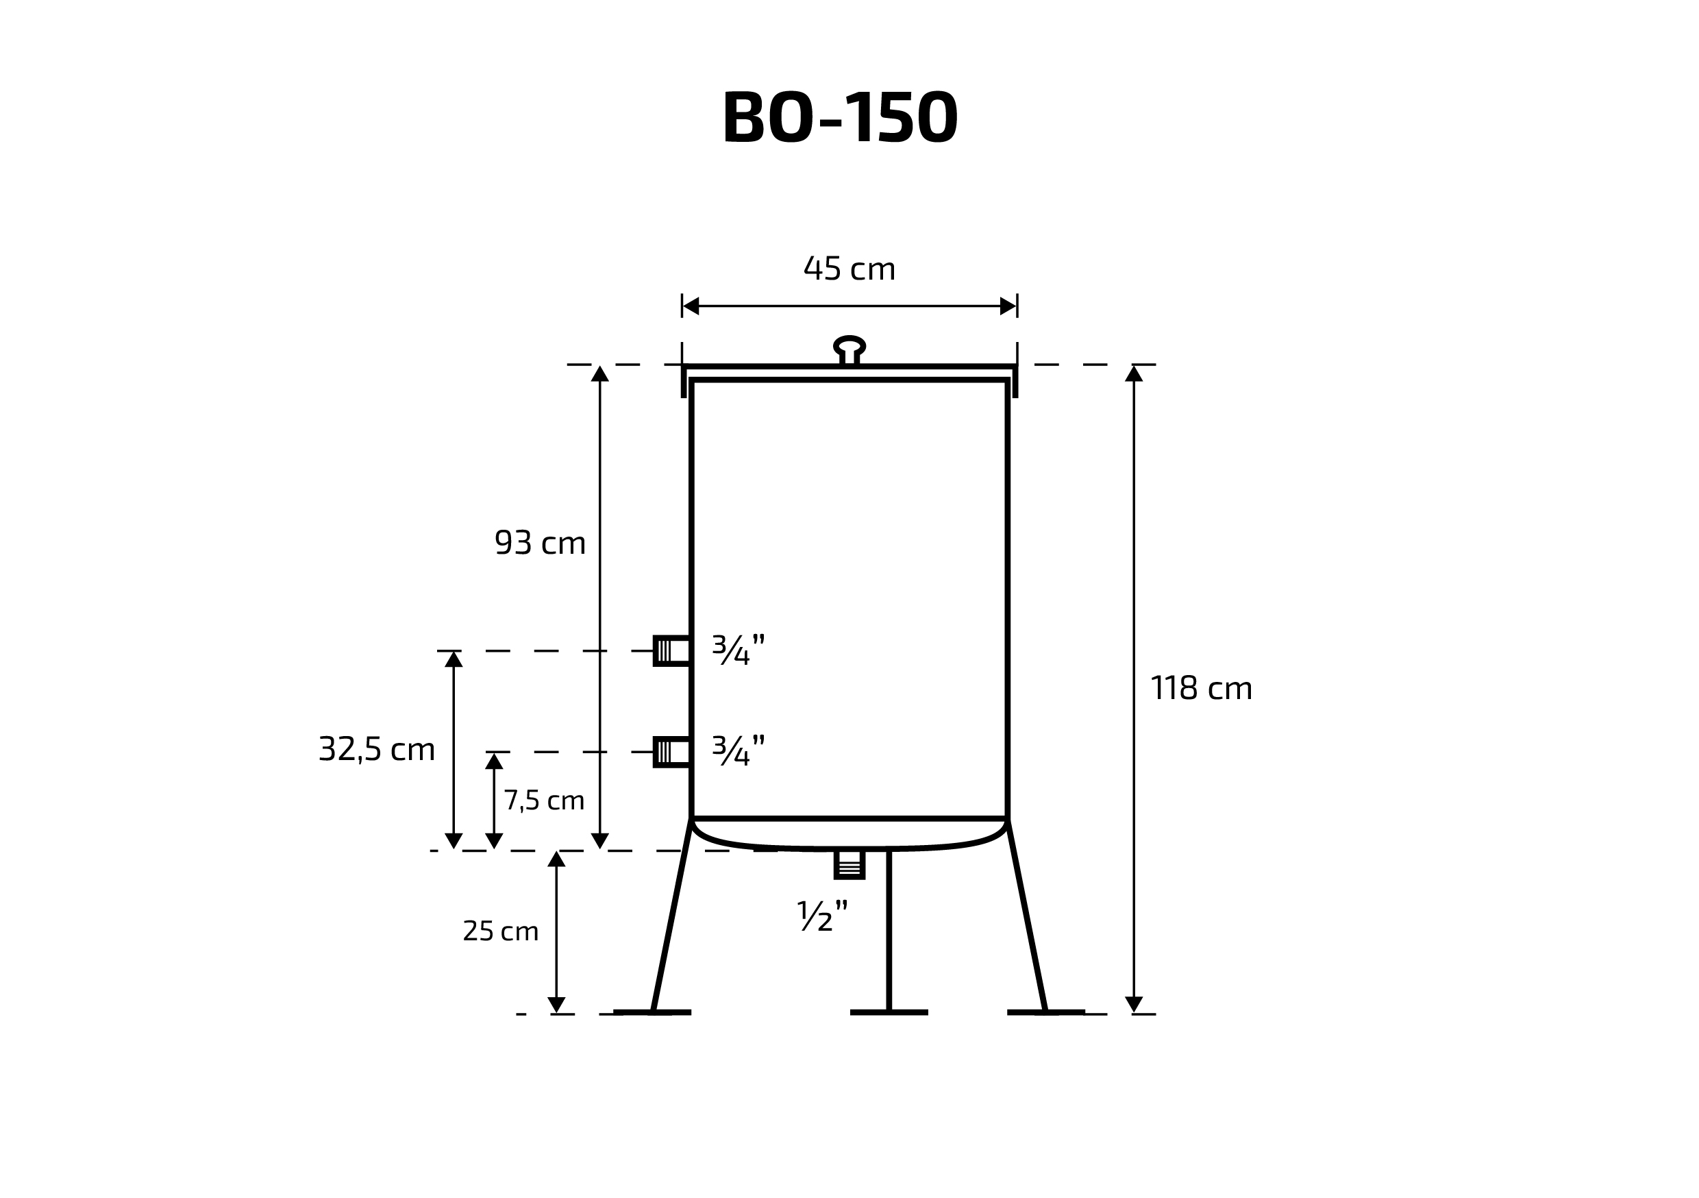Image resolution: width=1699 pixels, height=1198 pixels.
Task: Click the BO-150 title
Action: pos(840,117)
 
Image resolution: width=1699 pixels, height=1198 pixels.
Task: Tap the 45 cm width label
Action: pos(849,268)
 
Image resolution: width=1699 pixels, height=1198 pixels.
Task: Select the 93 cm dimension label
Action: pos(541,543)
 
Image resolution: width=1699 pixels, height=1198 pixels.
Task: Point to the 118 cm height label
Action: pos(1201,688)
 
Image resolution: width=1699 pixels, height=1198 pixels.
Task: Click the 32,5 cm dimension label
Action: pos(377,749)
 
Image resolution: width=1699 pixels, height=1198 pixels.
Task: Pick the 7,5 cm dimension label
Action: pos(545,800)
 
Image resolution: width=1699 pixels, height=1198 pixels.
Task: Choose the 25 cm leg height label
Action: pos(501,931)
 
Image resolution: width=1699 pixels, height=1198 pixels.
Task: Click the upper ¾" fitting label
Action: pos(739,649)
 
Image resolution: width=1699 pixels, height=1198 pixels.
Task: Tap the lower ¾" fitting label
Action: pos(739,750)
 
